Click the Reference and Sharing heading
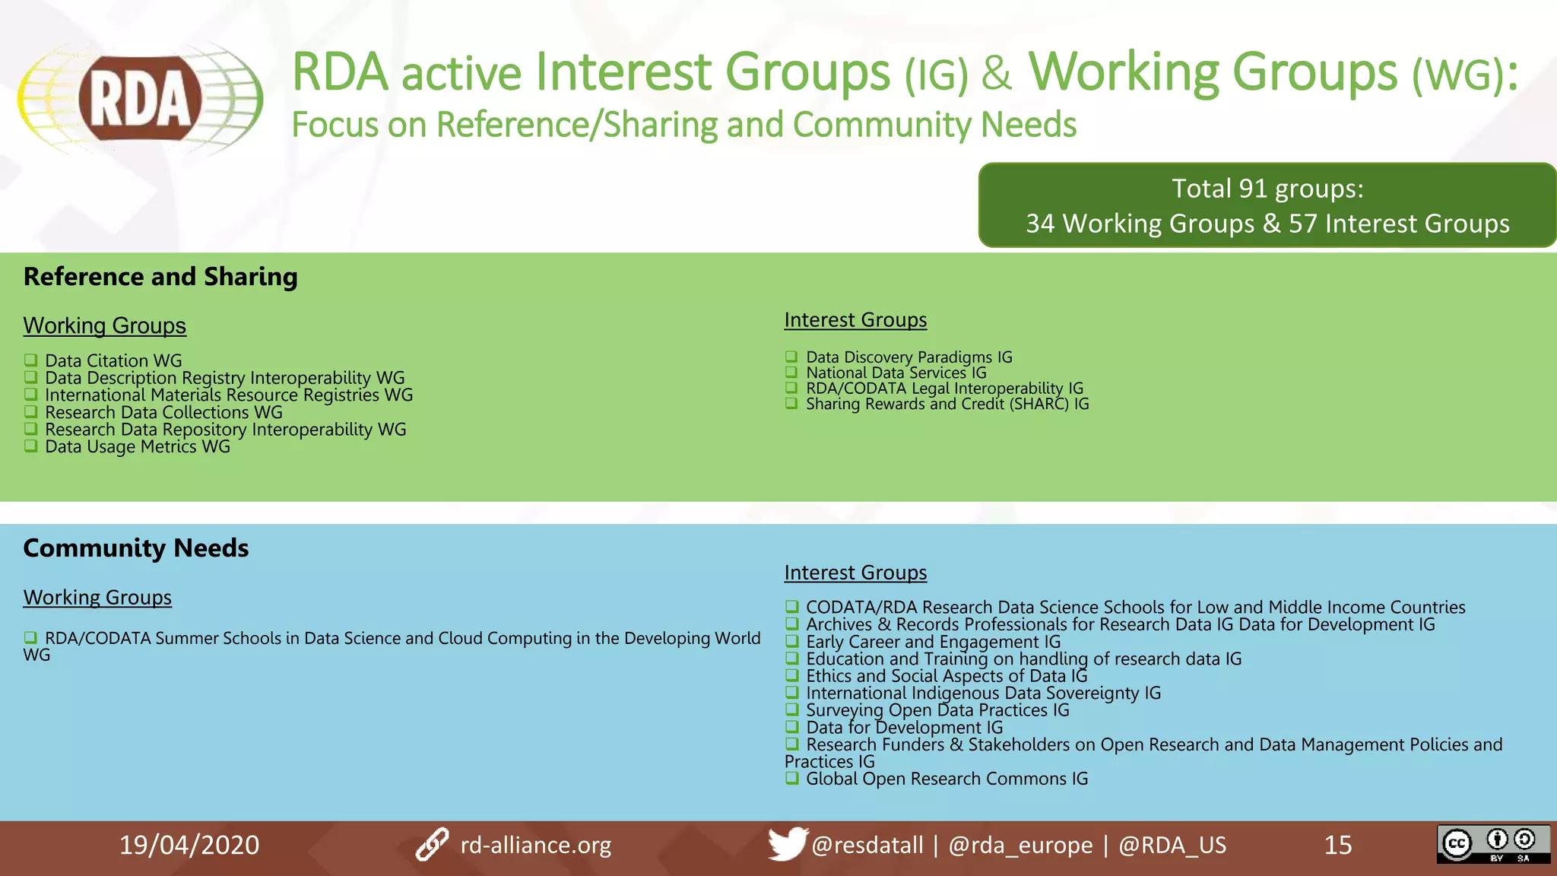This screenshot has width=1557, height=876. coord(160,277)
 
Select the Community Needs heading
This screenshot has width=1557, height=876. coord(136,548)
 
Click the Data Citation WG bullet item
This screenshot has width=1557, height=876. coord(113,360)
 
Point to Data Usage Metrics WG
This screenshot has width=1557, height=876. coord(137,447)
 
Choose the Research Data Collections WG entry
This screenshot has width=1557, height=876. coord(163,413)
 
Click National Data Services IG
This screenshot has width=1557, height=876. coord(896,373)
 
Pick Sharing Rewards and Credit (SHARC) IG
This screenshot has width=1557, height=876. coord(947,405)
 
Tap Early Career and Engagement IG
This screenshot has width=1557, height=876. coord(933,642)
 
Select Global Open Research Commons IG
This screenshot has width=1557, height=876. coord(947,779)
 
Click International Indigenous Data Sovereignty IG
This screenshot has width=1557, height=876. coord(983,693)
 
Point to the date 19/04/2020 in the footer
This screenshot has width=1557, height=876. coord(189,845)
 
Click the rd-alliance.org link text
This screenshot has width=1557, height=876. coord(535,845)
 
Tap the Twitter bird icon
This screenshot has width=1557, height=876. coord(786,843)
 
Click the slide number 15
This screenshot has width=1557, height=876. coord(1338,845)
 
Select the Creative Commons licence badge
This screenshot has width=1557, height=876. coord(1492,844)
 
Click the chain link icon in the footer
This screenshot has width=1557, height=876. coord(432,845)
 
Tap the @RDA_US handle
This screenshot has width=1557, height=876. coord(1172,845)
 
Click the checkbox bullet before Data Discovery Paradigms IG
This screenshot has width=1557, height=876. coord(791,357)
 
